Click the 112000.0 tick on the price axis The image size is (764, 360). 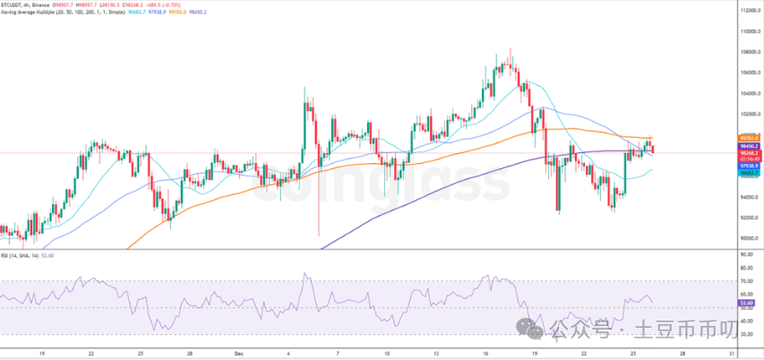[x=749, y=10]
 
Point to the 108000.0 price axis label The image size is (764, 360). [x=749, y=51]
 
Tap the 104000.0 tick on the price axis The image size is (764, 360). [x=749, y=93]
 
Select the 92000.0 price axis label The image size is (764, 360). [x=749, y=218]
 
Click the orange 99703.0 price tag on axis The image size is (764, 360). [x=749, y=138]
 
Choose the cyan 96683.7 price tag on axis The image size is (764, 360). [x=749, y=174]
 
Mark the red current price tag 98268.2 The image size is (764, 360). [x=749, y=152]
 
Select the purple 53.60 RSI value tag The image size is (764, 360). [x=747, y=304]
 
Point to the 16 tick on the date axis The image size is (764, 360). [x=485, y=354]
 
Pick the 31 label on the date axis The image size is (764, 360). [x=732, y=354]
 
